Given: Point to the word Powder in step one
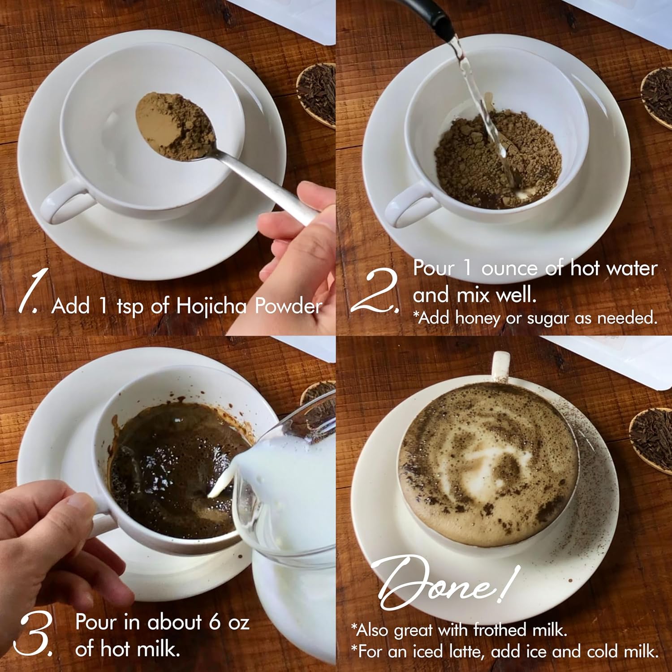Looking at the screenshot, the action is [289, 306].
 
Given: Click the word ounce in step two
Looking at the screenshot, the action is [509, 269].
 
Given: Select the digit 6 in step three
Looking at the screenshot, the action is [215, 622].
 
